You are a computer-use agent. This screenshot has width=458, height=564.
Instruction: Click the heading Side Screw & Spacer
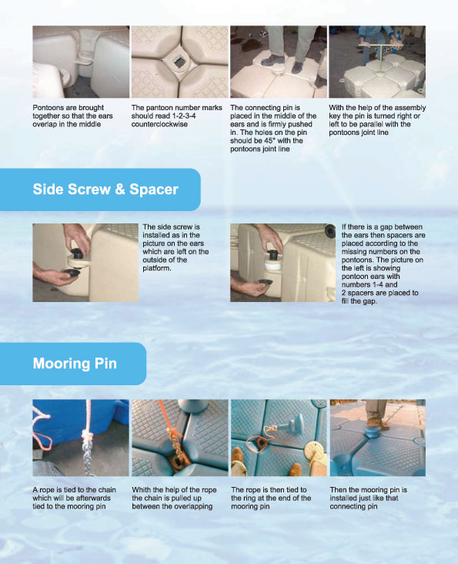(x=105, y=190)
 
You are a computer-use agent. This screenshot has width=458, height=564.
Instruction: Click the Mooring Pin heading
(x=75, y=364)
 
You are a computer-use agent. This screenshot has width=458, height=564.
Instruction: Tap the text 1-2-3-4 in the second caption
(x=185, y=116)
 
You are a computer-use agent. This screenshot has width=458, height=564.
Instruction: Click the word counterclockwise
(x=159, y=124)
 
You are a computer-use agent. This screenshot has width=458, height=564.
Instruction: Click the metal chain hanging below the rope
(x=86, y=455)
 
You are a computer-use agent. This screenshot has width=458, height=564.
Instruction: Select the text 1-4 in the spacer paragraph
(x=373, y=284)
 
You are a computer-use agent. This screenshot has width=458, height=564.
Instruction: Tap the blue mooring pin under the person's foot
(x=369, y=431)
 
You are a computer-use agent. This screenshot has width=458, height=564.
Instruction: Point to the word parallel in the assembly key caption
(x=378, y=124)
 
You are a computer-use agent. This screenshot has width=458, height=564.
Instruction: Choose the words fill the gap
(x=359, y=301)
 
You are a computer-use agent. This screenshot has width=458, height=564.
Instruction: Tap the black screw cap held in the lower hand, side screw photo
(x=71, y=273)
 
